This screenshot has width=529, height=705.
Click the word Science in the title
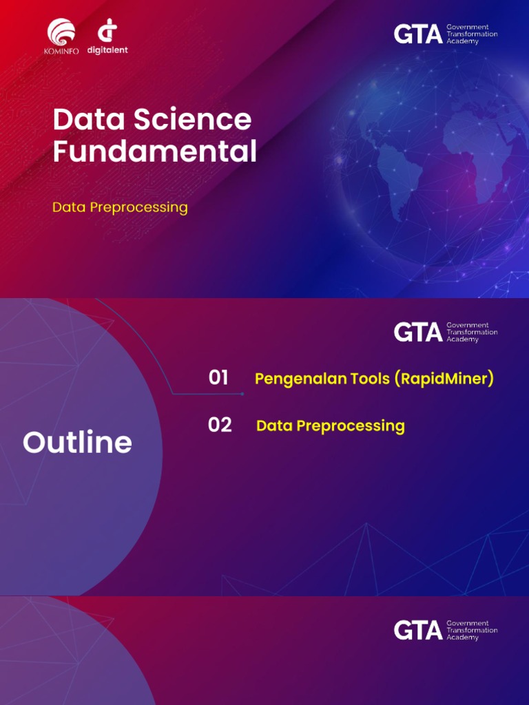click(192, 120)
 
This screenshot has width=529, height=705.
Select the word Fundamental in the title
click(154, 151)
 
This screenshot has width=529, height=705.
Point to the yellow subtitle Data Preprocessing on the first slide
click(120, 207)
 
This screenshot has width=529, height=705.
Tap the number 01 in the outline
click(218, 378)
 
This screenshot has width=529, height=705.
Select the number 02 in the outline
click(220, 425)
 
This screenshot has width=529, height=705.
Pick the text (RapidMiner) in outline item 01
click(444, 379)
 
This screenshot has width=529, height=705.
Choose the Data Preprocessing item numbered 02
click(330, 426)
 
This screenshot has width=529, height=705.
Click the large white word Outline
click(77, 443)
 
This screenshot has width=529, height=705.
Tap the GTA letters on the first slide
click(417, 34)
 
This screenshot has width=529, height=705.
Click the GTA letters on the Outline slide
click(417, 333)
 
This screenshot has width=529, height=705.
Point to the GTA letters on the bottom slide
click(417, 631)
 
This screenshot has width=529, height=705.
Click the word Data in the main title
click(89, 120)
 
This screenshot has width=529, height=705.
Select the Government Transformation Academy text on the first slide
click(472, 34)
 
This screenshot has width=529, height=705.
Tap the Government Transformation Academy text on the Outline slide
click(472, 333)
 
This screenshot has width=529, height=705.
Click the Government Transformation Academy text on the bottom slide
click(472, 631)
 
